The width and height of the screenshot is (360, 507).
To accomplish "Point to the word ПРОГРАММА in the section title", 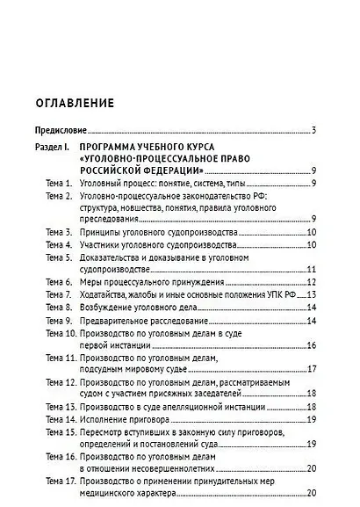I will (106, 146).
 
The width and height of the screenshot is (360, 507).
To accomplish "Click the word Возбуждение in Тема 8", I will (108, 308).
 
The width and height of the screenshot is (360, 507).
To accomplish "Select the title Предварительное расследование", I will (133, 321).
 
